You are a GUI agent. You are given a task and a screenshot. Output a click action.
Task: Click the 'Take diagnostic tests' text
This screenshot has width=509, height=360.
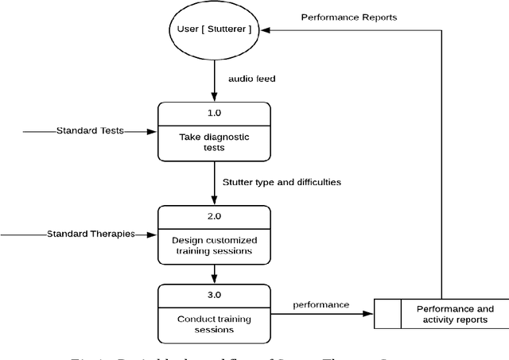[x=213, y=142]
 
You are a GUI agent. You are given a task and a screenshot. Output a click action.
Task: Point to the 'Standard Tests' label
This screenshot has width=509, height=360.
[x=89, y=130]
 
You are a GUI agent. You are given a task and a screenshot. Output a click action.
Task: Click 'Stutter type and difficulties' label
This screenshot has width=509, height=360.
[x=282, y=182]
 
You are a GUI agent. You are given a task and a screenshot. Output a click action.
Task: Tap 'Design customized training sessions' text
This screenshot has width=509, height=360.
[x=213, y=246]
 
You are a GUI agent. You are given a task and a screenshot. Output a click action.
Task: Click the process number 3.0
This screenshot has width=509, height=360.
[x=213, y=295]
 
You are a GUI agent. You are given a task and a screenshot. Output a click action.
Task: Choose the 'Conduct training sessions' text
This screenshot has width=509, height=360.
[x=213, y=324]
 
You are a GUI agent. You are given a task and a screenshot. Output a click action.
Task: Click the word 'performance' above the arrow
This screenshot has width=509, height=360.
[x=321, y=304]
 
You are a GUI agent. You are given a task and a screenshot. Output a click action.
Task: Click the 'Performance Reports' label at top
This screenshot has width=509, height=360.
[x=348, y=17]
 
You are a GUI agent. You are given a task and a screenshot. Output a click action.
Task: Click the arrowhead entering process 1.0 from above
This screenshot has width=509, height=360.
[x=214, y=98]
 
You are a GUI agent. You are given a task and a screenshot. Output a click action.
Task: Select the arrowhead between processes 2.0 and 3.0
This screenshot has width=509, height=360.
[x=214, y=280]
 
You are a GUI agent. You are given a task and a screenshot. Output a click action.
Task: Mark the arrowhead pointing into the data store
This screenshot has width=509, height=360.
[x=369, y=314]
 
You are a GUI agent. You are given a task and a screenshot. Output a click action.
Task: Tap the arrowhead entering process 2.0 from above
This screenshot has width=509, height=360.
[x=214, y=201]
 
